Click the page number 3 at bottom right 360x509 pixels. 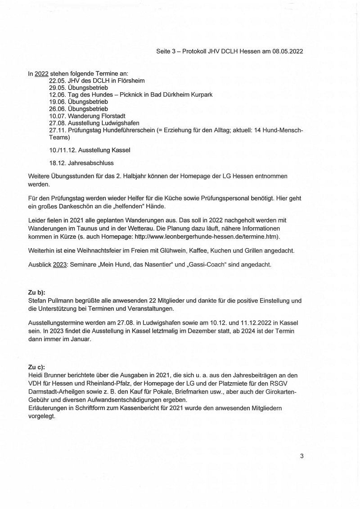(301, 456)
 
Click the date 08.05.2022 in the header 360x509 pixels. (287, 51)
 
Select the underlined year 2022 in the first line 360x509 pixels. (41, 74)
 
